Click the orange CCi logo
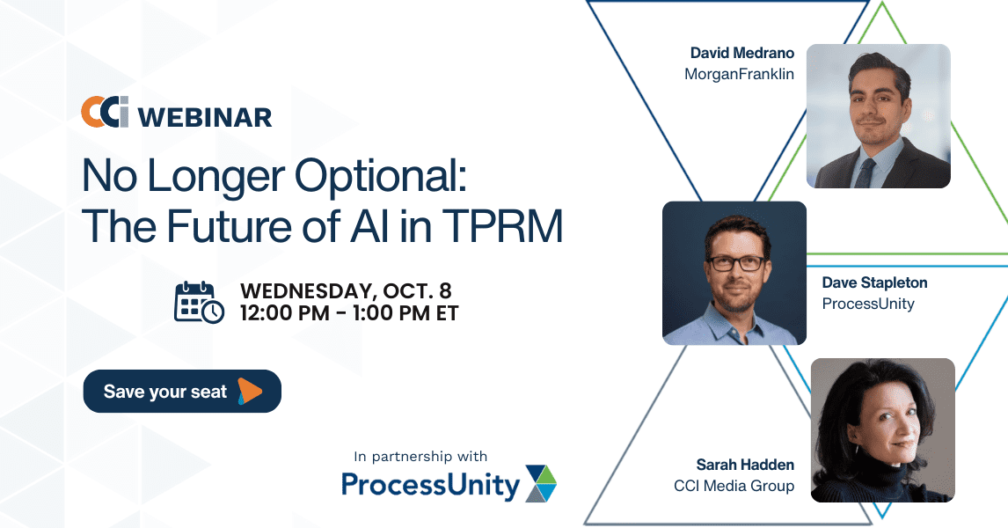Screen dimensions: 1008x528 coord(105,112)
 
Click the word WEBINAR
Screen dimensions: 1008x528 coord(205,118)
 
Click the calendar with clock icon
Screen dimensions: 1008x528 coord(200,302)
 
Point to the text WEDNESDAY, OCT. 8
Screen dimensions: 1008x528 coord(346,290)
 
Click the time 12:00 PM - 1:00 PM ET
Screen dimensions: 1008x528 coord(349,313)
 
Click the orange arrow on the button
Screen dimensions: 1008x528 coord(250,391)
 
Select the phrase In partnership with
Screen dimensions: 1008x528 coord(420,457)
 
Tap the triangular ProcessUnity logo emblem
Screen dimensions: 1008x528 coord(541,484)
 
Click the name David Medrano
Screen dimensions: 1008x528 coord(741,53)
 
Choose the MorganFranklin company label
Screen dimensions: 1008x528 coord(739,75)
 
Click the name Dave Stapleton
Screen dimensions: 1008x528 coord(874,283)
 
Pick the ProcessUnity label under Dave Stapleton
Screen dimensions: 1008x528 coord(868,304)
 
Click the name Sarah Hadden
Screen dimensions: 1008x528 coord(745,465)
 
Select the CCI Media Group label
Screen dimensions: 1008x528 coord(734,486)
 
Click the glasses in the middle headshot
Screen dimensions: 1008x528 coord(736,263)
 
